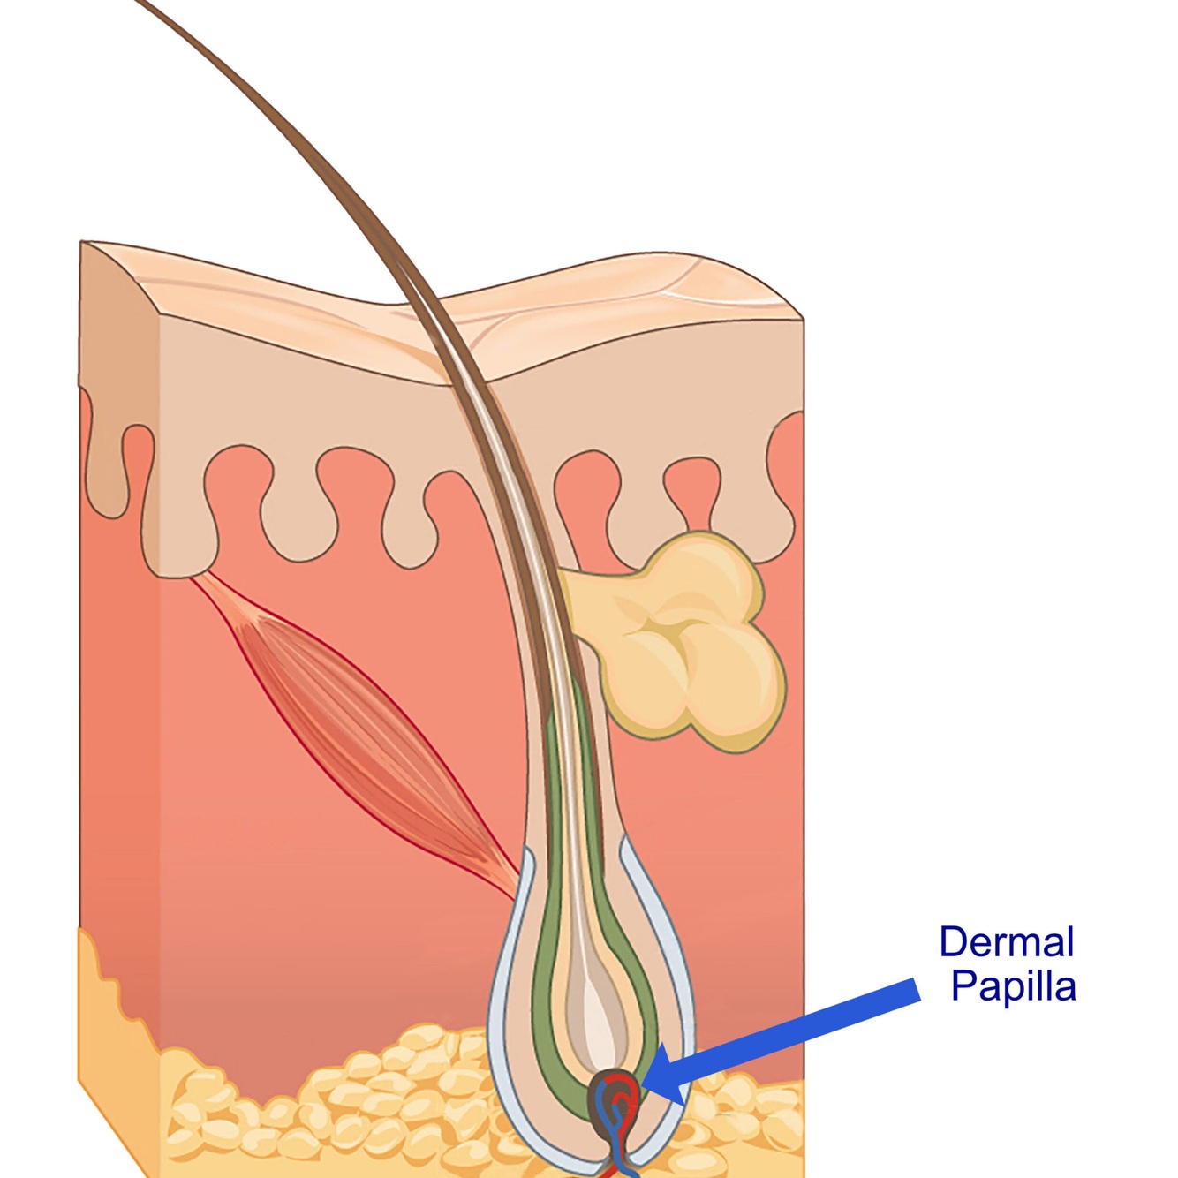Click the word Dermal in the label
1006,942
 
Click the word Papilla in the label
1013,986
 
